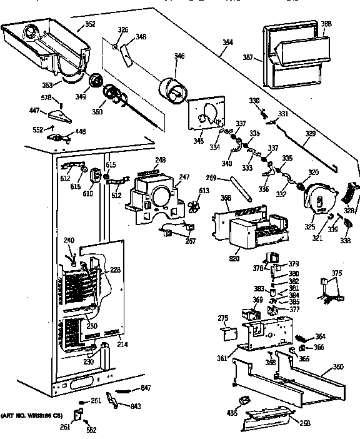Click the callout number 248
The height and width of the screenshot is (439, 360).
click(x=161, y=160)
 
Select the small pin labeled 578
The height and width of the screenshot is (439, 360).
click(x=61, y=100)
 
